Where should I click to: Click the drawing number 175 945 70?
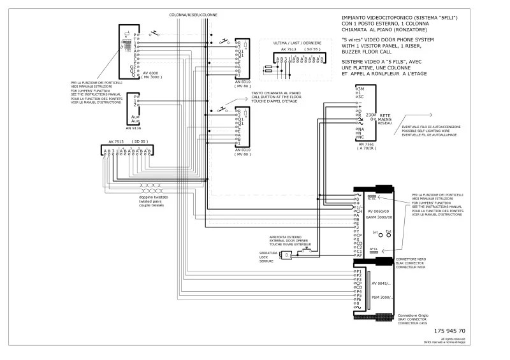[449, 331]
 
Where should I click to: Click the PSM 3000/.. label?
[382, 298]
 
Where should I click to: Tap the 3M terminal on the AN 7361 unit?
[360, 90]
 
